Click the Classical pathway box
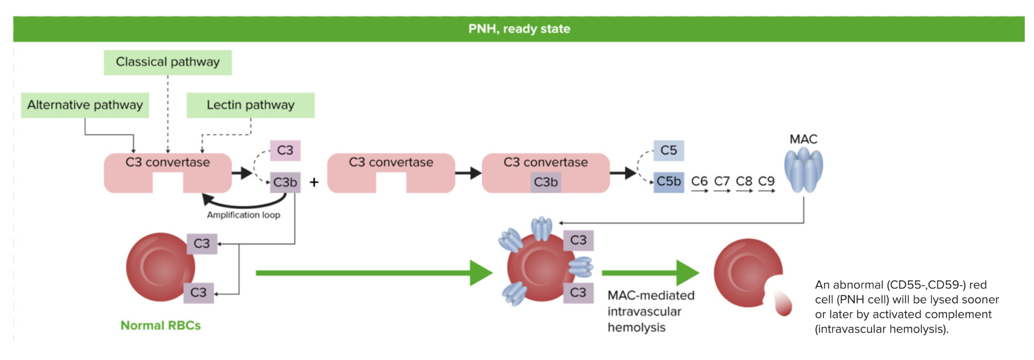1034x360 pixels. (x=168, y=62)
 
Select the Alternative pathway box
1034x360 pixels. (x=85, y=105)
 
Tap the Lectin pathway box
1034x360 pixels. (x=250, y=105)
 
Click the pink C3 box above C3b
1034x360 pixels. (x=285, y=150)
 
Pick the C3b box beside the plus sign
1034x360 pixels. (x=285, y=182)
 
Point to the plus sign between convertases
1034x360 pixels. (x=314, y=182)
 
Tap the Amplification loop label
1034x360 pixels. (x=243, y=215)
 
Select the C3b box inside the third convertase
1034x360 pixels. (x=546, y=182)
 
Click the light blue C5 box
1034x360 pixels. (x=668, y=150)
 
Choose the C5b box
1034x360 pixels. (x=668, y=182)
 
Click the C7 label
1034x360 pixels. (x=721, y=181)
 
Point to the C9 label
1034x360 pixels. (x=766, y=181)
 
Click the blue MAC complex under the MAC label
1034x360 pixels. (x=803, y=171)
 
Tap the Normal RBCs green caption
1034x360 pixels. (x=161, y=326)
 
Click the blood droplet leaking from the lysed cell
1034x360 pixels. (x=782, y=303)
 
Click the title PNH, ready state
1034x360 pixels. (x=519, y=29)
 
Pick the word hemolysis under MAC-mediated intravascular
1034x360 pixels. (x=636, y=328)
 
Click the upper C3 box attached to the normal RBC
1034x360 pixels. (x=201, y=243)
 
